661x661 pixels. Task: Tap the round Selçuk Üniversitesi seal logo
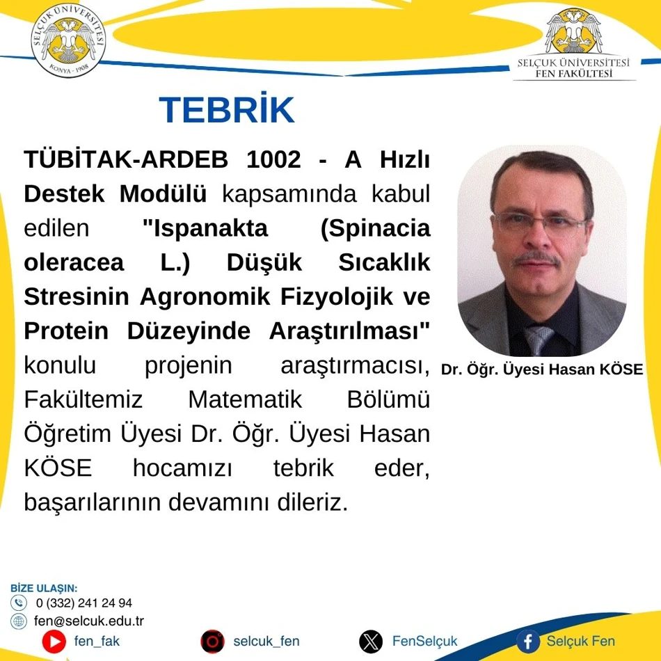pos(68,40)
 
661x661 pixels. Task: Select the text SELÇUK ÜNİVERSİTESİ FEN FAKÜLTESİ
pos(573,68)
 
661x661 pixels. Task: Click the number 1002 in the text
pos(273,159)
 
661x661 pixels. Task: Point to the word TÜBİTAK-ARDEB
pos(126,159)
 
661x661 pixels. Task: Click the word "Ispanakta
pos(205,228)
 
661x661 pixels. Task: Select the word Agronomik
pos(205,297)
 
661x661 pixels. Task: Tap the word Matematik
pos(245,399)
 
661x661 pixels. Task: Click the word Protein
pos(66,331)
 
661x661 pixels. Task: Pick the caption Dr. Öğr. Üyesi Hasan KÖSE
pos(542,369)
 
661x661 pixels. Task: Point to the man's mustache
pos(536,257)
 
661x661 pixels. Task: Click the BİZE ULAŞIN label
pos(44,588)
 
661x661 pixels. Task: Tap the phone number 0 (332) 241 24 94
pos(84,603)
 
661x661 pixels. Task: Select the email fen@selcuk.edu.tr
pos(89,621)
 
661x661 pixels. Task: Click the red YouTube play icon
pos(54,642)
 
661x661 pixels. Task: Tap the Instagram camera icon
pos(212,642)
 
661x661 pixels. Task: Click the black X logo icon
pos(371,642)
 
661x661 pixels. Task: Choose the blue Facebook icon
pos(529,642)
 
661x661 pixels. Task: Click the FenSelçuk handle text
pos(424,642)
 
